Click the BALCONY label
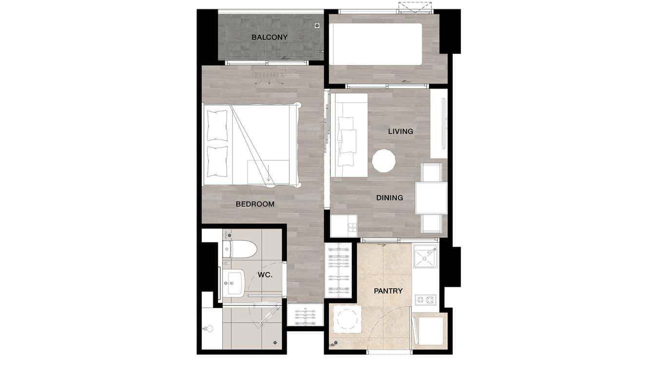pos(269,37)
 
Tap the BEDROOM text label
pos(255,204)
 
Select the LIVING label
pos(401,131)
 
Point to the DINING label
pos(389,198)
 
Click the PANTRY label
pos(388,291)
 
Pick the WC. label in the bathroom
pos(265,275)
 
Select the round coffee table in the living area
pos(384,161)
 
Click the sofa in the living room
pos(348,135)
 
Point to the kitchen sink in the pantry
pos(424,257)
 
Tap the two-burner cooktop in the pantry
pos(425,298)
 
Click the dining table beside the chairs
pos(431,198)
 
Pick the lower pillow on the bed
pos(217,161)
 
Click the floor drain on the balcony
pos(317,25)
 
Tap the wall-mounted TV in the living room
pos(443,124)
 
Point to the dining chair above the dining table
pos(431,172)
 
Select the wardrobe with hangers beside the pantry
pos(338,270)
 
